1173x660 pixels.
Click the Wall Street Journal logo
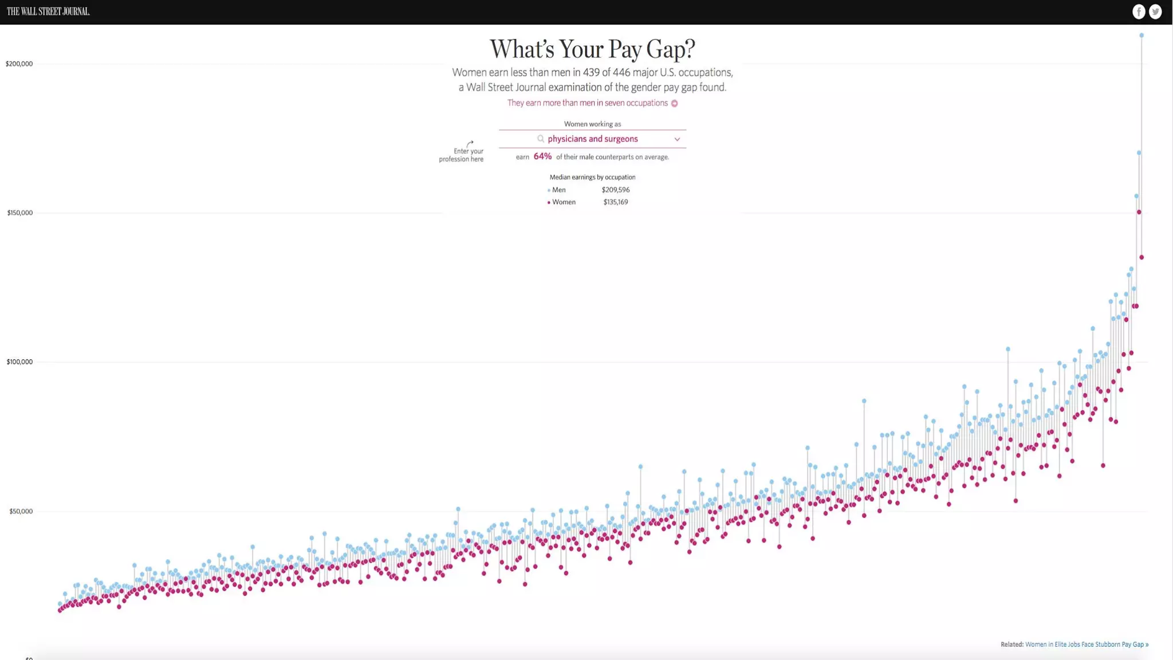pos(48,11)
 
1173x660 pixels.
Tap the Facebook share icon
pos(1139,11)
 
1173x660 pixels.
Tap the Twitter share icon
pos(1155,11)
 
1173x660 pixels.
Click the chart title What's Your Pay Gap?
pos(592,49)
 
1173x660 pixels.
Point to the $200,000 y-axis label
pos(19,64)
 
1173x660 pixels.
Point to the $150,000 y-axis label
pos(19,213)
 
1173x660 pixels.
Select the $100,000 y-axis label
pos(19,362)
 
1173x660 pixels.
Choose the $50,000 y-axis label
pos(21,511)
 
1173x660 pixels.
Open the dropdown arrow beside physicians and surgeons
pos(677,139)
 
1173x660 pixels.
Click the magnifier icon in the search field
pos(540,139)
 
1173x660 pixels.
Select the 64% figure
pos(542,156)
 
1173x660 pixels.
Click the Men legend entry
pos(558,190)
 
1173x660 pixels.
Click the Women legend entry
pos(563,202)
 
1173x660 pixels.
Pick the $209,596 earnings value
pos(616,190)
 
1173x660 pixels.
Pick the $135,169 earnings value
pos(616,202)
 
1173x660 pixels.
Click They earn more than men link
pos(588,103)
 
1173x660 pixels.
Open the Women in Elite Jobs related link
pos(1086,645)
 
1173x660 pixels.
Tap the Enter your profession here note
pos(462,155)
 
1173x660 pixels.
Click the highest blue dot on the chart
pos(1141,36)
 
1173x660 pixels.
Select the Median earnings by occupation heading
pos(592,177)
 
